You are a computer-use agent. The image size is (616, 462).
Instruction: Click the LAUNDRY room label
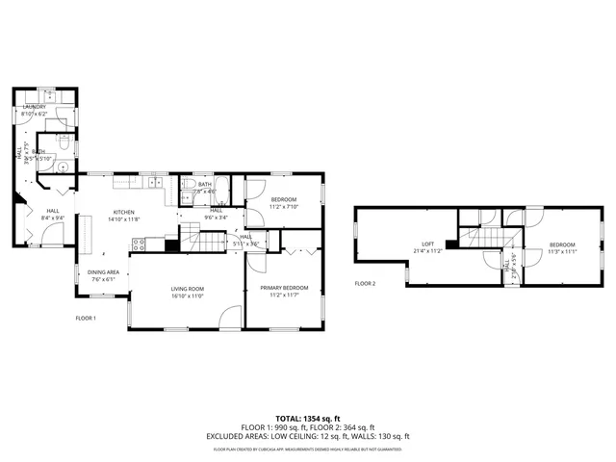pos(34,107)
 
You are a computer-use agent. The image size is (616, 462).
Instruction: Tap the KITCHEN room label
pos(124,212)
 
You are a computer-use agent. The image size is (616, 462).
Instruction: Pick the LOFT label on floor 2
pos(429,244)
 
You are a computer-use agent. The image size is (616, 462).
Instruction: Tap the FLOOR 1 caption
pos(86,318)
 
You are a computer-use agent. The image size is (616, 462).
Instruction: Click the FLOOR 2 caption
pos(365,283)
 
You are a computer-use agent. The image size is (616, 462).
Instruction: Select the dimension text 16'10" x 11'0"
pos(187,295)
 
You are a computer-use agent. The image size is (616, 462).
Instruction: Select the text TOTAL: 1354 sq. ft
pos(308,418)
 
